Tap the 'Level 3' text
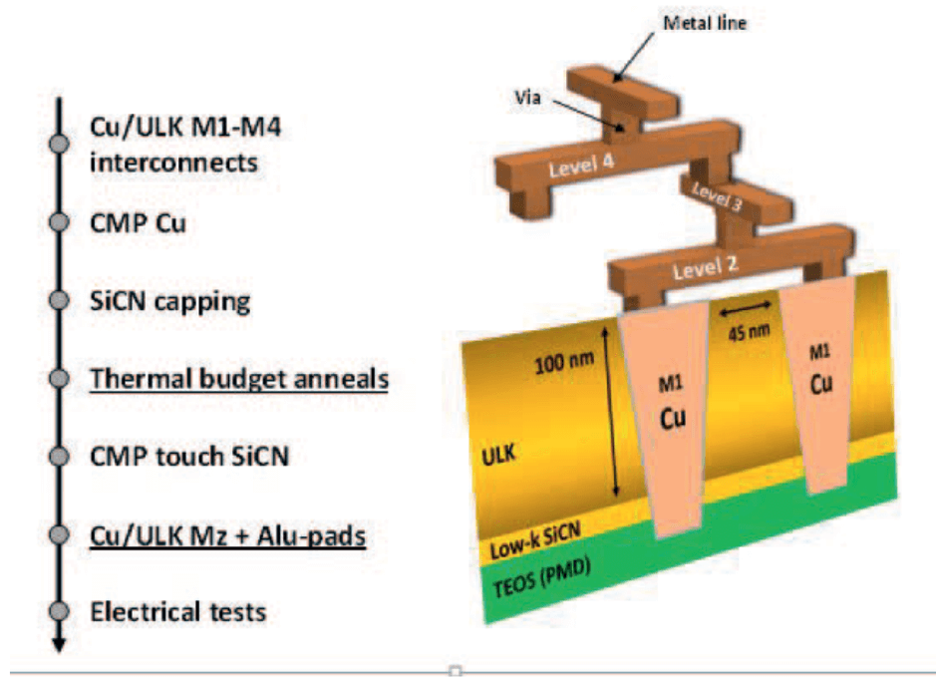(x=718, y=192)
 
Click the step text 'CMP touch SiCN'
(x=196, y=458)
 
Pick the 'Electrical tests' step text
(x=178, y=610)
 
